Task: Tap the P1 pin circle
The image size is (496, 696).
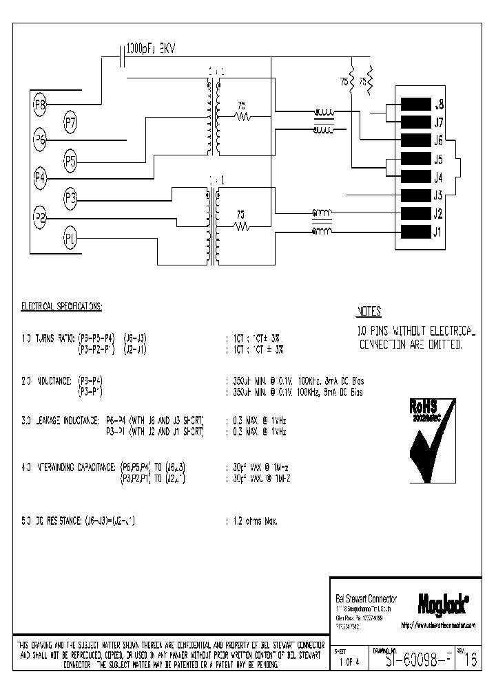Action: pyautogui.click(x=70, y=239)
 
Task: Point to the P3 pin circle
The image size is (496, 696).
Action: pyautogui.click(x=71, y=199)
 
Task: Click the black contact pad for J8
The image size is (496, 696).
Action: pyautogui.click(x=415, y=105)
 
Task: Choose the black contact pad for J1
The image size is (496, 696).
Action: pyautogui.click(x=415, y=232)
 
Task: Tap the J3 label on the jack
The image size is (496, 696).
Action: pyautogui.click(x=438, y=195)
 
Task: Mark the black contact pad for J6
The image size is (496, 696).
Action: pyautogui.click(x=415, y=141)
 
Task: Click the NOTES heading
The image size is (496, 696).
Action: pyautogui.click(x=369, y=312)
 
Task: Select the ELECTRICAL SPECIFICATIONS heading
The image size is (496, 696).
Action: pyautogui.click(x=62, y=305)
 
